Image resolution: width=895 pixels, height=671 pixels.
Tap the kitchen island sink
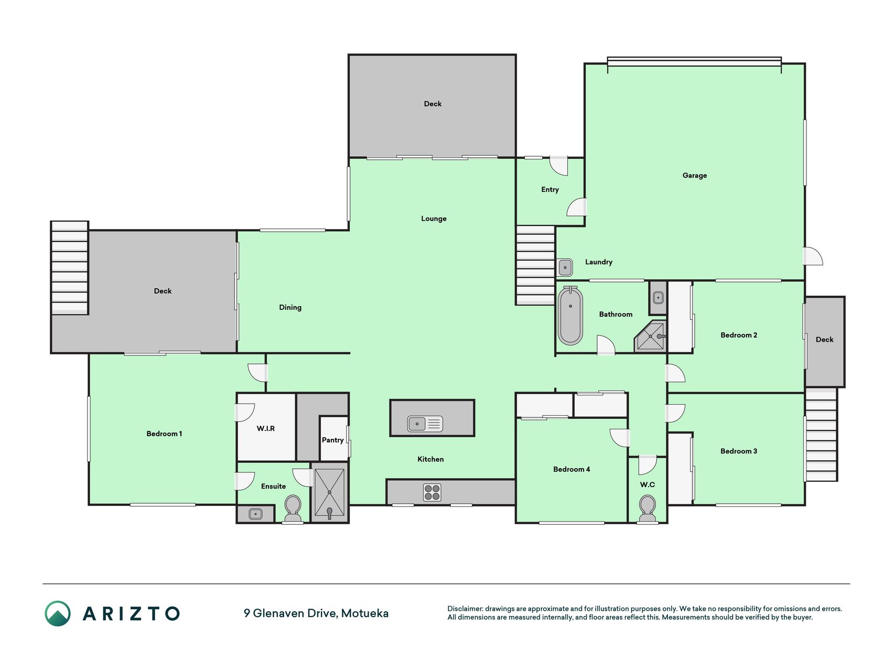tap(425, 424)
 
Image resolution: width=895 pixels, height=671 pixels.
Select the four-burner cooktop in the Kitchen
tap(433, 493)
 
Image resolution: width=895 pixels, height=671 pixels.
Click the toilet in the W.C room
tap(648, 509)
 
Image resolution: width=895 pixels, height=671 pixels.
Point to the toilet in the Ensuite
tap(293, 509)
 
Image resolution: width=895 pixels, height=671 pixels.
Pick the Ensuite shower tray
tap(330, 493)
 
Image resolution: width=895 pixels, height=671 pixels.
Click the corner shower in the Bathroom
tap(651, 336)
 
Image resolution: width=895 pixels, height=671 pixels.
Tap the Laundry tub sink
tap(565, 267)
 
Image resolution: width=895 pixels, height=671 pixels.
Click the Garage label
tap(695, 176)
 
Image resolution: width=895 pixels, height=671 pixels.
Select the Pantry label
tap(333, 440)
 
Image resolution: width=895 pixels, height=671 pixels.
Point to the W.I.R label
tap(266, 428)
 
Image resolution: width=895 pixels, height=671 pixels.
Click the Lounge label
tap(434, 219)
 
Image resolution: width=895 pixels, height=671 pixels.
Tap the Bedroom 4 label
tap(571, 469)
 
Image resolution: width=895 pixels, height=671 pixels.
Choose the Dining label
tap(290, 308)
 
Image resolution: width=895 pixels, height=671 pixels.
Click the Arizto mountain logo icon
tap(58, 613)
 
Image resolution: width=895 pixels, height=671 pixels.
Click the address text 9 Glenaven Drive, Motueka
tap(316, 613)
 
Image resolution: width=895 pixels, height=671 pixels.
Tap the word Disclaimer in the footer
tap(465, 609)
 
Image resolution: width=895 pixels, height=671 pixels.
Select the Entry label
tap(550, 190)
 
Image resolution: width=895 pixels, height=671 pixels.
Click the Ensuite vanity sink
tap(255, 514)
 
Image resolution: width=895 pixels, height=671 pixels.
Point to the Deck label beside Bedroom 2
tap(824, 340)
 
